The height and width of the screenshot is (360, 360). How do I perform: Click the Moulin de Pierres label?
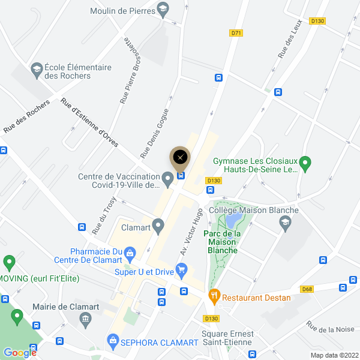click(x=121, y=11)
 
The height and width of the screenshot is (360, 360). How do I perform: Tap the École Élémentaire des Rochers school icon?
click(x=37, y=70)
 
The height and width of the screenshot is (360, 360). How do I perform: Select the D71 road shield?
click(x=236, y=33)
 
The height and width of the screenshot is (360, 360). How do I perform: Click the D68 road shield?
click(x=308, y=289)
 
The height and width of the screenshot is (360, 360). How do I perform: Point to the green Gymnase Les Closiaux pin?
click(x=305, y=162)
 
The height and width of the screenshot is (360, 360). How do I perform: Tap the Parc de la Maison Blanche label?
click(x=221, y=242)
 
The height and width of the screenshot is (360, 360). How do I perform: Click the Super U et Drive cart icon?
click(x=182, y=270)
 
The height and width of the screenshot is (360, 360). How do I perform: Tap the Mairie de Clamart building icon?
click(x=85, y=317)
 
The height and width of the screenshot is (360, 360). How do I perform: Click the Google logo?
click(x=20, y=353)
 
